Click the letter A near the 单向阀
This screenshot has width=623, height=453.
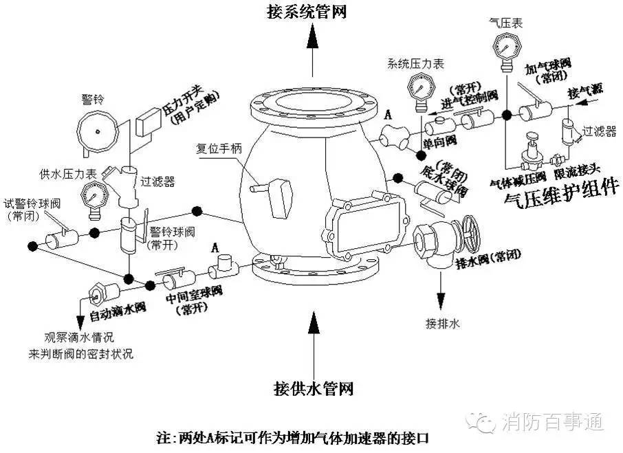389,115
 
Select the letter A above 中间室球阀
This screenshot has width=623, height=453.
215,246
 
